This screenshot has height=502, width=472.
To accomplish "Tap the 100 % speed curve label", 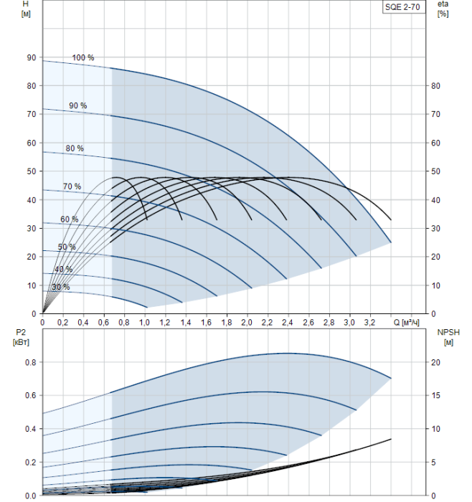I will click(x=83, y=57).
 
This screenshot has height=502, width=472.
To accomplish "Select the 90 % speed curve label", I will click(x=78, y=105).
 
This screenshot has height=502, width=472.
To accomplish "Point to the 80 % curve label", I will click(x=75, y=148).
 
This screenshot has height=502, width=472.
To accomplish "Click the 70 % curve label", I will click(x=72, y=186).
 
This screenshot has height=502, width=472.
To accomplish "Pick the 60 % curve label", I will click(x=69, y=219).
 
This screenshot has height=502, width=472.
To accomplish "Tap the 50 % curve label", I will click(x=67, y=247).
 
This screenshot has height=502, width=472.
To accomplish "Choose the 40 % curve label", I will click(x=63, y=270).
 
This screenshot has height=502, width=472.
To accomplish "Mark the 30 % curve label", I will click(x=61, y=287).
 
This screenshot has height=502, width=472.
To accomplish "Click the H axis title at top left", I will click(x=26, y=4).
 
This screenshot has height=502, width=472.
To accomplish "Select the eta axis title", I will click(x=443, y=64).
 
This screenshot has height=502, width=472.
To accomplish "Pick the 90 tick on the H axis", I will click(x=31, y=57).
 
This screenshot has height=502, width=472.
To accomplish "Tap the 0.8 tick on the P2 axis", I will click(x=29, y=362).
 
